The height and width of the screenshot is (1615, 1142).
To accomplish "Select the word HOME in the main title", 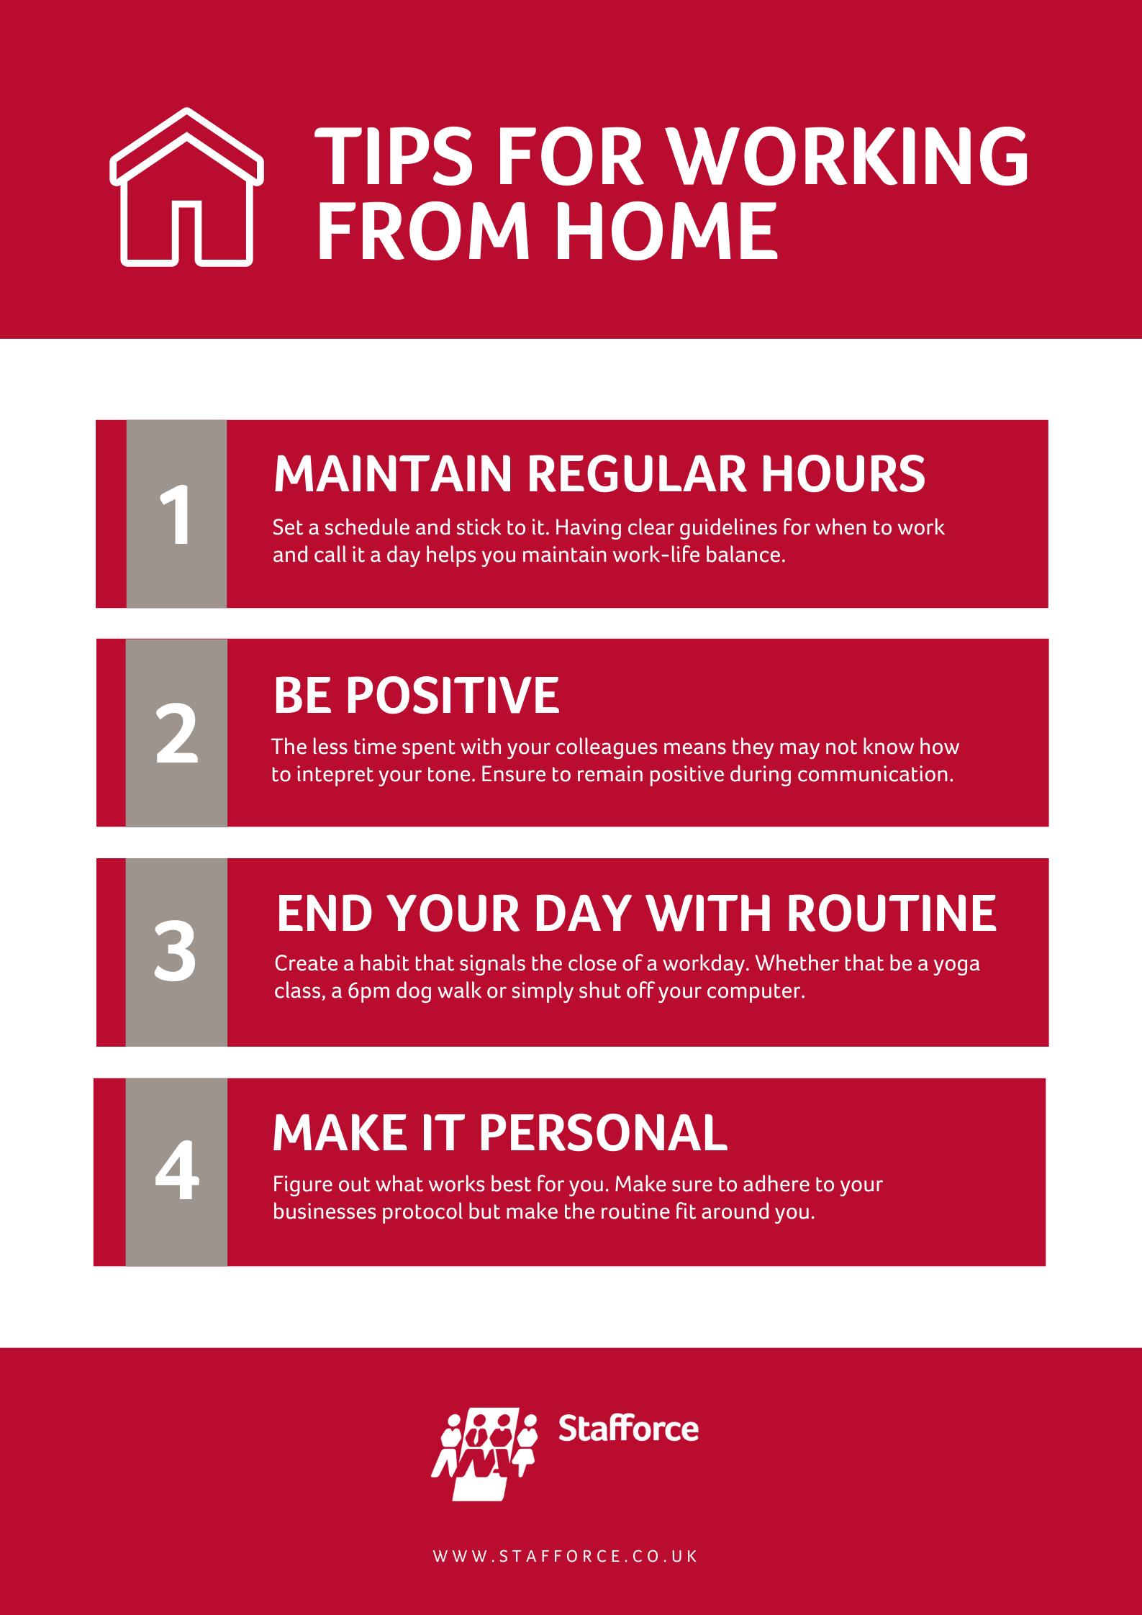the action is (666, 231).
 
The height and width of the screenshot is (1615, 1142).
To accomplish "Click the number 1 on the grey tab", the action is (176, 514).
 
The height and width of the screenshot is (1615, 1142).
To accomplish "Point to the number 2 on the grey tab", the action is (176, 733).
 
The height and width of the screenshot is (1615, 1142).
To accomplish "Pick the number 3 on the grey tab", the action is (175, 951).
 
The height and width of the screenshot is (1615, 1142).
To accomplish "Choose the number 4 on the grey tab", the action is (177, 1170).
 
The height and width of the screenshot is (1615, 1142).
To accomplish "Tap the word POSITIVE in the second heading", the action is (453, 696).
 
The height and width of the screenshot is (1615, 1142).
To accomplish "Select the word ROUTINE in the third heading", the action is (892, 914).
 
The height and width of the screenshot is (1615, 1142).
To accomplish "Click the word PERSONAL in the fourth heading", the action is (603, 1133).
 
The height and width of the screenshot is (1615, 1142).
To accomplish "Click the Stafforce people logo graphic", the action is (485, 1453).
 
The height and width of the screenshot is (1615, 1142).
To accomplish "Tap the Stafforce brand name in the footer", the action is (628, 1428).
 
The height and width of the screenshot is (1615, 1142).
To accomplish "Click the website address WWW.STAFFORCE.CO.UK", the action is (565, 1556).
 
